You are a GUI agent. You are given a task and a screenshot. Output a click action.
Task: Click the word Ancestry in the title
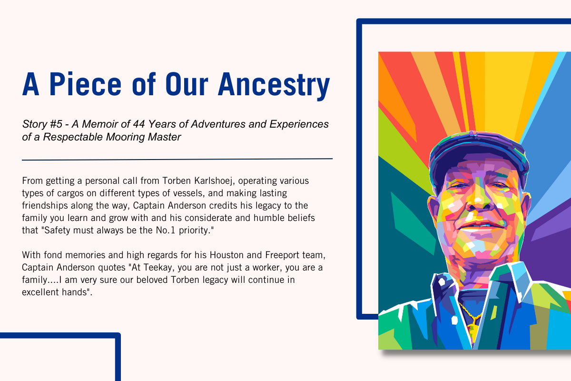[274, 86]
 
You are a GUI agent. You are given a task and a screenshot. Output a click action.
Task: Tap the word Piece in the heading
[85, 84]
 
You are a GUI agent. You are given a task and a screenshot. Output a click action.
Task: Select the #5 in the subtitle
[56, 124]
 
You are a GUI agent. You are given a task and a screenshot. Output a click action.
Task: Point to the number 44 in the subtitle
[138, 124]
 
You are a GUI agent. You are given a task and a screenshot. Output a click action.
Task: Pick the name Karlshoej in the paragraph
[213, 181]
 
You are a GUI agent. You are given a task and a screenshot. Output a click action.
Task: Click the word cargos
[70, 193]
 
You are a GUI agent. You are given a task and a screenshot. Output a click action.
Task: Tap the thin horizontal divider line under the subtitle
[177, 159]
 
